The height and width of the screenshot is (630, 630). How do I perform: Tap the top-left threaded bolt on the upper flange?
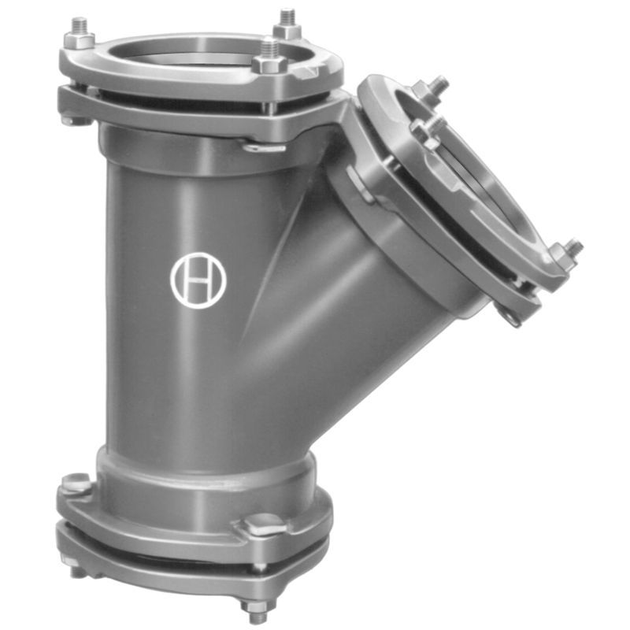(80, 33)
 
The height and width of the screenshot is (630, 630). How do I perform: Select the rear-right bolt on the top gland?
(287, 24)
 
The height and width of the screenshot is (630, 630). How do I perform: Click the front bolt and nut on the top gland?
(269, 55)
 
